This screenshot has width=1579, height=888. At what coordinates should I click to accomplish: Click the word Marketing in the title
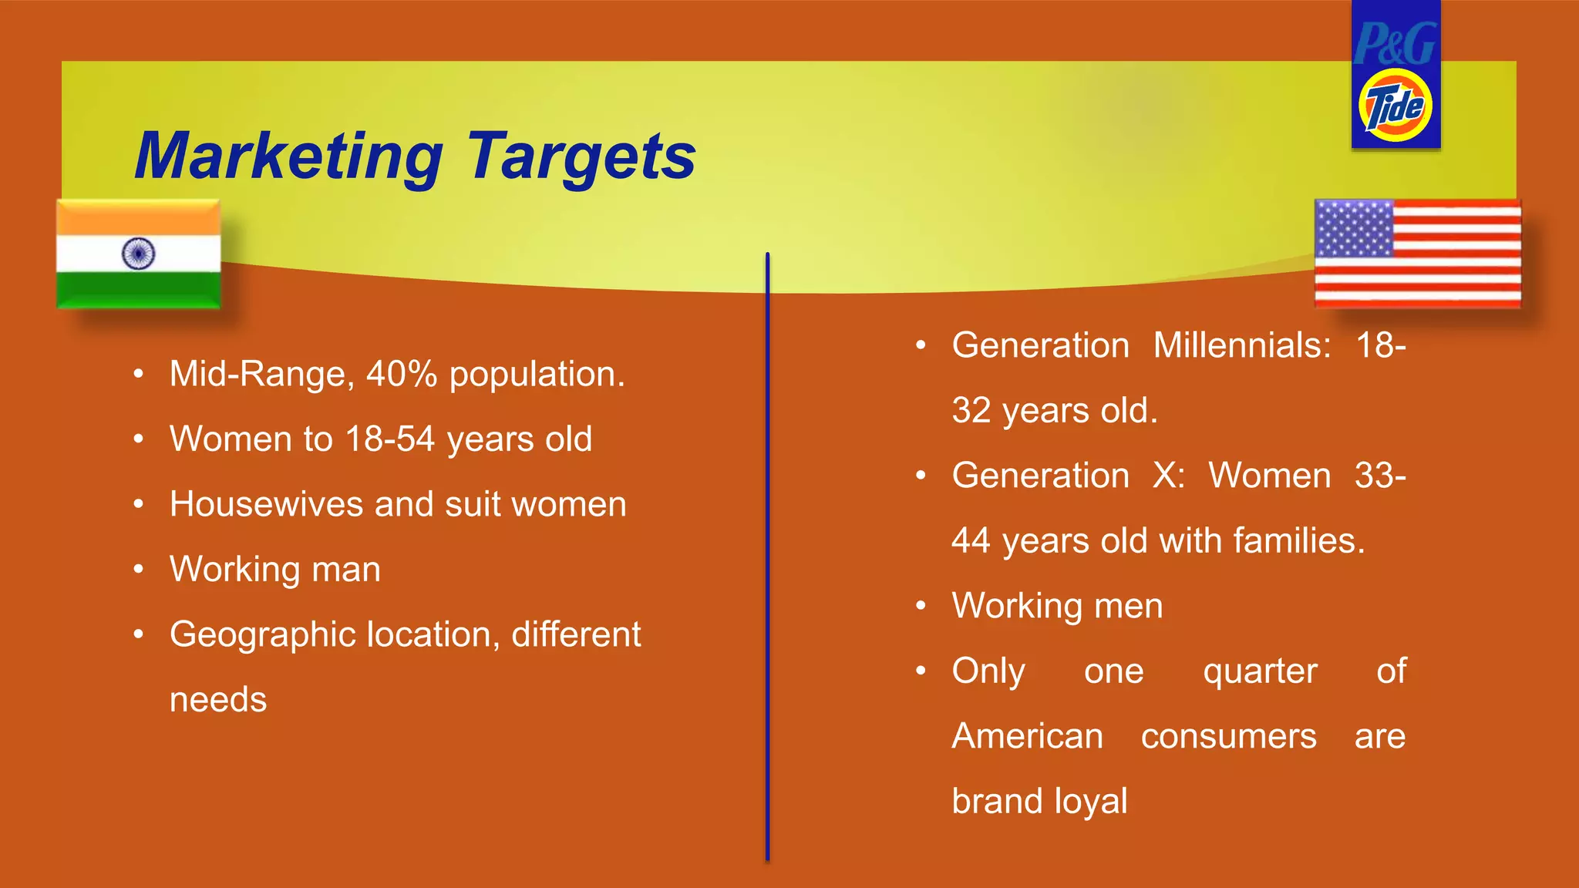(288, 157)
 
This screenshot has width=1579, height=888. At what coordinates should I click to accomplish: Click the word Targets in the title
(581, 157)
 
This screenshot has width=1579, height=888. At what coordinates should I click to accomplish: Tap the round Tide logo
(1396, 106)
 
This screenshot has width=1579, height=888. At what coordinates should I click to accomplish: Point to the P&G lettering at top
(1395, 44)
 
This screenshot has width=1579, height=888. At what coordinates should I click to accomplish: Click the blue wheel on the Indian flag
(139, 253)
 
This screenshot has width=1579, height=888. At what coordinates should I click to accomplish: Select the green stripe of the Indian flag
(139, 290)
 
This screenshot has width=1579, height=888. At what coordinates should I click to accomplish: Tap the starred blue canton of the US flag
(1354, 228)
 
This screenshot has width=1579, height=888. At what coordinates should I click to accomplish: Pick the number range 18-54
(390, 439)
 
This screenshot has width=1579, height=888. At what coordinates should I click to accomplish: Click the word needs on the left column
(218, 700)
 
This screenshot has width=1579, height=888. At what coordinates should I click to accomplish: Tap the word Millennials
(1241, 345)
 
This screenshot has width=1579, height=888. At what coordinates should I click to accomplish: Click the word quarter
(1260, 671)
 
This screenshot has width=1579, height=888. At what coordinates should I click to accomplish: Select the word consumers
(1229, 737)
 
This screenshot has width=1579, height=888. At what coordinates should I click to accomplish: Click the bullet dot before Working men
(921, 606)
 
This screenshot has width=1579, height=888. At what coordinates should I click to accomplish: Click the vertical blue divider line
(768, 555)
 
